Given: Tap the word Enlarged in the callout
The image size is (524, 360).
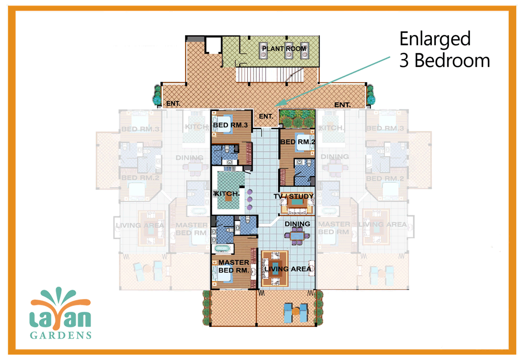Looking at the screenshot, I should coord(434,39).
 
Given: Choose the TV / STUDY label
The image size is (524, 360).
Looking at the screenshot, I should coord(293,197).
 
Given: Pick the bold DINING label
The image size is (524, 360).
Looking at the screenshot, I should coord(297,224).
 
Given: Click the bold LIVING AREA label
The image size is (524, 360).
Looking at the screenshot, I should coord(288,269).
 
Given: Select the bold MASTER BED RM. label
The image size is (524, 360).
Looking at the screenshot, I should coord(234,266).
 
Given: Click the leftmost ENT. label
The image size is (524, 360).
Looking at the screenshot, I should coord(173,104).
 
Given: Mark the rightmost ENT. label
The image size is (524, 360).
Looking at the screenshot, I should coord(342,105).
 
